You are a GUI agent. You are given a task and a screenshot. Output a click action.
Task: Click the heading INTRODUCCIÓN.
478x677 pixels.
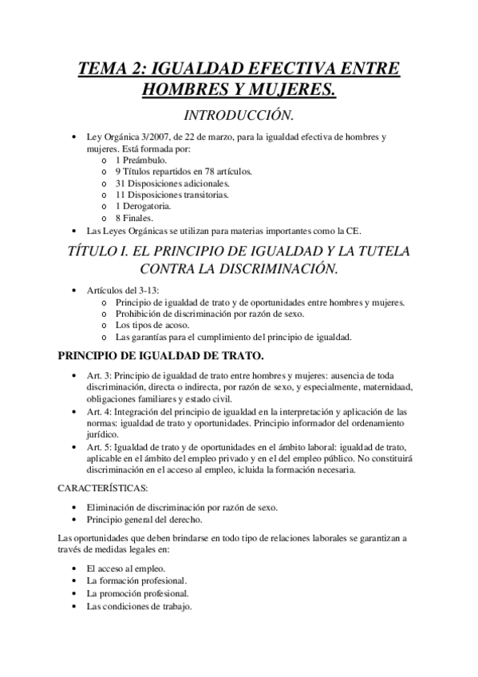[239, 115]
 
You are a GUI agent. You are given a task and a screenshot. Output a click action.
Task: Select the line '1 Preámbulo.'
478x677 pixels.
[140, 160]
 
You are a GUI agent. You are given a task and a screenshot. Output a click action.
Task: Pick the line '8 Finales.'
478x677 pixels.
[132, 217]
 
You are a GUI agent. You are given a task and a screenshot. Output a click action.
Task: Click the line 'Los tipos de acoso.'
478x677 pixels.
[152, 325]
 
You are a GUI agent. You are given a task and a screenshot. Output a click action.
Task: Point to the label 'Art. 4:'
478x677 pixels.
[101, 412]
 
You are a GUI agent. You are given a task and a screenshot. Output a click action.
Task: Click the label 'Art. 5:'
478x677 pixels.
[101, 446]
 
